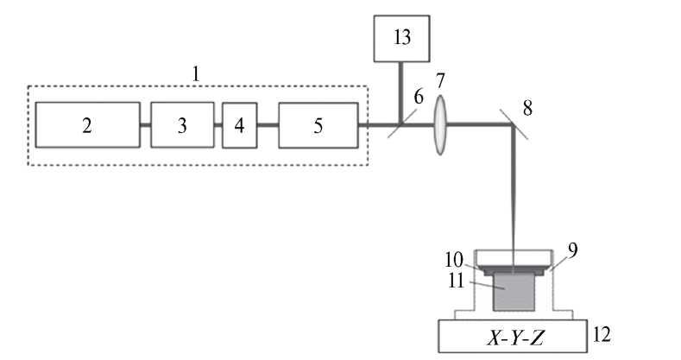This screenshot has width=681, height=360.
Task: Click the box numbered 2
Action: [87, 125]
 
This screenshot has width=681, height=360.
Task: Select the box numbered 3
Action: [182, 125]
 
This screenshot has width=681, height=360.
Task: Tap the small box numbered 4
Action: [239, 125]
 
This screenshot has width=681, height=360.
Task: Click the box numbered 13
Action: [401, 39]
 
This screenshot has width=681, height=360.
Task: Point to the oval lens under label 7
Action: [441, 125]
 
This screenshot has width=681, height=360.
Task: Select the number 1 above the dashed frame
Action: [196, 73]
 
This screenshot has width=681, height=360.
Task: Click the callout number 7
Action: [441, 83]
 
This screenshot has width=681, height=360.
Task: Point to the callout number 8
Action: [528, 109]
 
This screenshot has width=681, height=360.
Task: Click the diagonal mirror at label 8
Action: [515, 125]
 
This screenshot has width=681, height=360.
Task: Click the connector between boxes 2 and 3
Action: [145, 125]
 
